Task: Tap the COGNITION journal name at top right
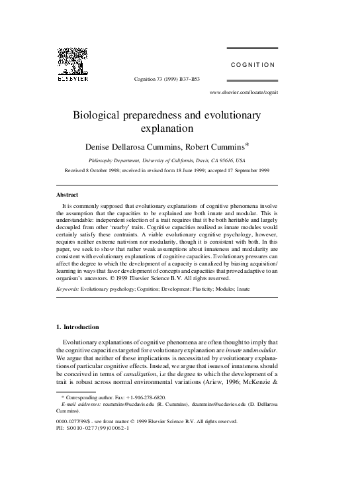pos(252,65)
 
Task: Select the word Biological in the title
pos(107,115)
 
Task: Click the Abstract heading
pos(67,195)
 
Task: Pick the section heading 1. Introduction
pos(77,327)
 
